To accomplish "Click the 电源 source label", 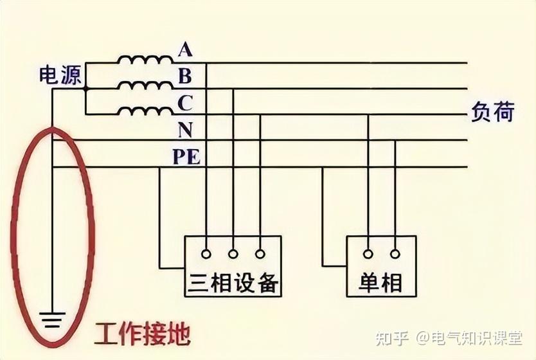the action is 60,75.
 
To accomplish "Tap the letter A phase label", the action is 184,49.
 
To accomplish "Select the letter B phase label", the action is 184,76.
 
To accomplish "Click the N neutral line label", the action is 184,130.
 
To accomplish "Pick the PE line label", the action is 186,157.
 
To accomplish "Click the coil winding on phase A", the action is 145,60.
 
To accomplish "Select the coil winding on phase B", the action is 145,87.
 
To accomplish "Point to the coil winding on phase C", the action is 145,112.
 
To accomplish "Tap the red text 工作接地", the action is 142,334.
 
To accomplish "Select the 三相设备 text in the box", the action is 234,282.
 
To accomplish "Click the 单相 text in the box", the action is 382,282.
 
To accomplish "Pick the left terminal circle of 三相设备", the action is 206,253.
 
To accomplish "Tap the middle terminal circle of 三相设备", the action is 233,253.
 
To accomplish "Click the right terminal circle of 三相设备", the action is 260,253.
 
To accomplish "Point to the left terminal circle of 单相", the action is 368,253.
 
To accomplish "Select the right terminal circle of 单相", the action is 395,253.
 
